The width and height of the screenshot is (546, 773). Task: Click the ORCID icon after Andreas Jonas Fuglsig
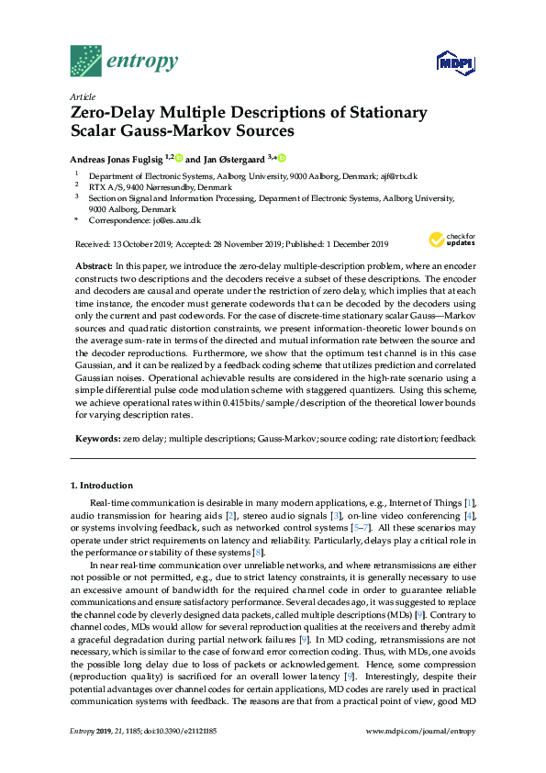click(180, 159)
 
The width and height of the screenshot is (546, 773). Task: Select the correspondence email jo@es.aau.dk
click(175, 221)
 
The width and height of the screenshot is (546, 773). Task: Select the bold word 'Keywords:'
click(96, 440)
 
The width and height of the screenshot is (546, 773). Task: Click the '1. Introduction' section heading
click(102, 486)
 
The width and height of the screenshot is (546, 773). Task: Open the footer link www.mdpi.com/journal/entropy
click(420, 757)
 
